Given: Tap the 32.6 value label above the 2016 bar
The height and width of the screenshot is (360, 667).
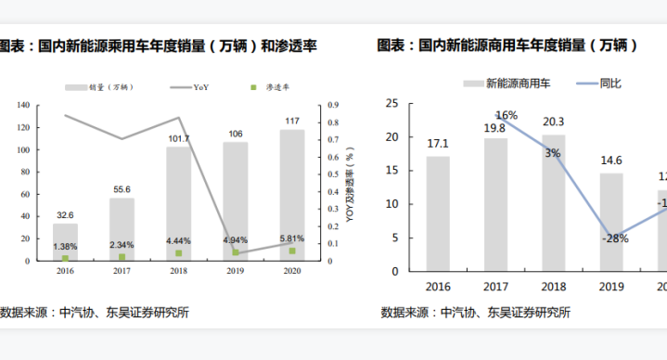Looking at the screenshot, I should point(65,214).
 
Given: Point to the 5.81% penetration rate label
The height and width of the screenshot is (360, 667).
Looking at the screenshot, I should point(292,238).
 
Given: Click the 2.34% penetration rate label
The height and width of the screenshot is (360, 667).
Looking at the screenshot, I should point(122,244).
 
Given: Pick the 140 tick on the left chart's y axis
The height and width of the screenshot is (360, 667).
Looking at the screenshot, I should point(21,105).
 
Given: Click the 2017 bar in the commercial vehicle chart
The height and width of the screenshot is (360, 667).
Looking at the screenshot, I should point(495,204).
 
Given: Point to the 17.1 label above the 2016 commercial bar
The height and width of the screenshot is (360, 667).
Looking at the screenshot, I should point(438,143).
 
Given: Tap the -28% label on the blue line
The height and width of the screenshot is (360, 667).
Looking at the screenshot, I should point(613,238).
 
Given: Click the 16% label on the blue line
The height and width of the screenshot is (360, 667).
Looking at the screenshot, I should point(507,115).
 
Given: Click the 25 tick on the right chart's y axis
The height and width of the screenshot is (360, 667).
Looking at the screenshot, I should point(392,103).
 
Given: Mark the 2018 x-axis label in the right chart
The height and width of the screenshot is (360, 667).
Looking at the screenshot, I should point(553,287).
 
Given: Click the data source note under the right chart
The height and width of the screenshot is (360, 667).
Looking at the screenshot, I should point(475,312).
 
